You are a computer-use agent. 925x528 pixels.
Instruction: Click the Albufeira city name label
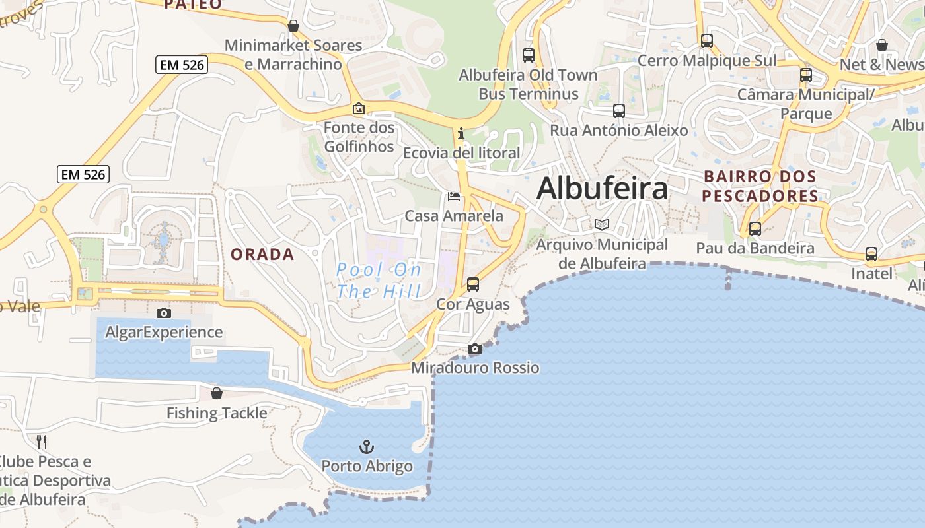click(x=602, y=189)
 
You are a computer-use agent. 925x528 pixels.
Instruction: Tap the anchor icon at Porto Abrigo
click(x=367, y=447)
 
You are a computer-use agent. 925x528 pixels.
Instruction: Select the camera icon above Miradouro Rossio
click(x=474, y=348)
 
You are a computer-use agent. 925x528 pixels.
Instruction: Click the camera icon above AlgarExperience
click(x=164, y=313)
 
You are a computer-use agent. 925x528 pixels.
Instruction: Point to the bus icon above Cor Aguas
click(x=473, y=284)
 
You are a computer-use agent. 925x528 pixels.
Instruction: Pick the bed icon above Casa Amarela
click(x=454, y=196)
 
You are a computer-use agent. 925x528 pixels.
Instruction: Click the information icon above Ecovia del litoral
click(x=461, y=134)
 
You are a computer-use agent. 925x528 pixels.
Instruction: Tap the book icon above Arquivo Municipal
click(x=601, y=225)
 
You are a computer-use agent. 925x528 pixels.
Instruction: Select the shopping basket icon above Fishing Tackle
click(x=216, y=393)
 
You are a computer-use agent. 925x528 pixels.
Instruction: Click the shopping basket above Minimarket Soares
click(x=293, y=26)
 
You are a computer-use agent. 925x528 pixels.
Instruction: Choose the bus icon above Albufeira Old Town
click(x=528, y=55)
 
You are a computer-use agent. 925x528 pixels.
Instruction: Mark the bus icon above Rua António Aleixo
click(x=619, y=110)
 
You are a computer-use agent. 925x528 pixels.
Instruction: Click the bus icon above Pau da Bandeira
click(x=755, y=229)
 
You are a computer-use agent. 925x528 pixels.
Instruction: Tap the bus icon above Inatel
click(x=871, y=254)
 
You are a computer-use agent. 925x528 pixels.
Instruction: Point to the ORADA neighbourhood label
click(x=262, y=255)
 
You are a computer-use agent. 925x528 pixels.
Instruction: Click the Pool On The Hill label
click(x=379, y=280)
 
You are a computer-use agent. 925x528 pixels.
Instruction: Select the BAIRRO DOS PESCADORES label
click(x=760, y=186)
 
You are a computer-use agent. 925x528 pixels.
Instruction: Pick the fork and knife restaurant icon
click(x=42, y=441)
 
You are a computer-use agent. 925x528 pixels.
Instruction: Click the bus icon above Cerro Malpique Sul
click(x=707, y=41)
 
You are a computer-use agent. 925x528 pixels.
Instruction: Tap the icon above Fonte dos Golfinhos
click(x=358, y=108)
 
